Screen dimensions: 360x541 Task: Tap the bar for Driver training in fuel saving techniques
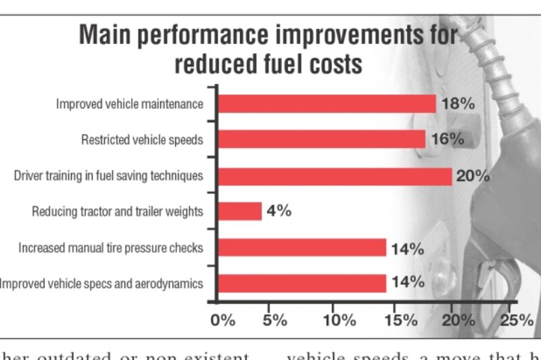coord(334,176)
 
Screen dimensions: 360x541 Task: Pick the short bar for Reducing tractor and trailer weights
coord(239,211)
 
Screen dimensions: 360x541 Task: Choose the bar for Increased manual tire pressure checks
coord(302,247)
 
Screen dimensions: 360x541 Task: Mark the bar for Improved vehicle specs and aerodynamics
coord(302,283)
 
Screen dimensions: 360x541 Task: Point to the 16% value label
coord(447,139)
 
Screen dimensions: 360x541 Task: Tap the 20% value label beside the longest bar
coord(473,176)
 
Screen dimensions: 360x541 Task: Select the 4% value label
coord(279,211)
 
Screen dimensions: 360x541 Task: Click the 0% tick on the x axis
coord(222,319)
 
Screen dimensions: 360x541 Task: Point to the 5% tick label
coord(275,319)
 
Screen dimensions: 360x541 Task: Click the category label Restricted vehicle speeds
coord(142,140)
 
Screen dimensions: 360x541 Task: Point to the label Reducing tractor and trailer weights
coord(117,212)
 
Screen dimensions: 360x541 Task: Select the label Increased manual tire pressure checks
coord(110,248)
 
